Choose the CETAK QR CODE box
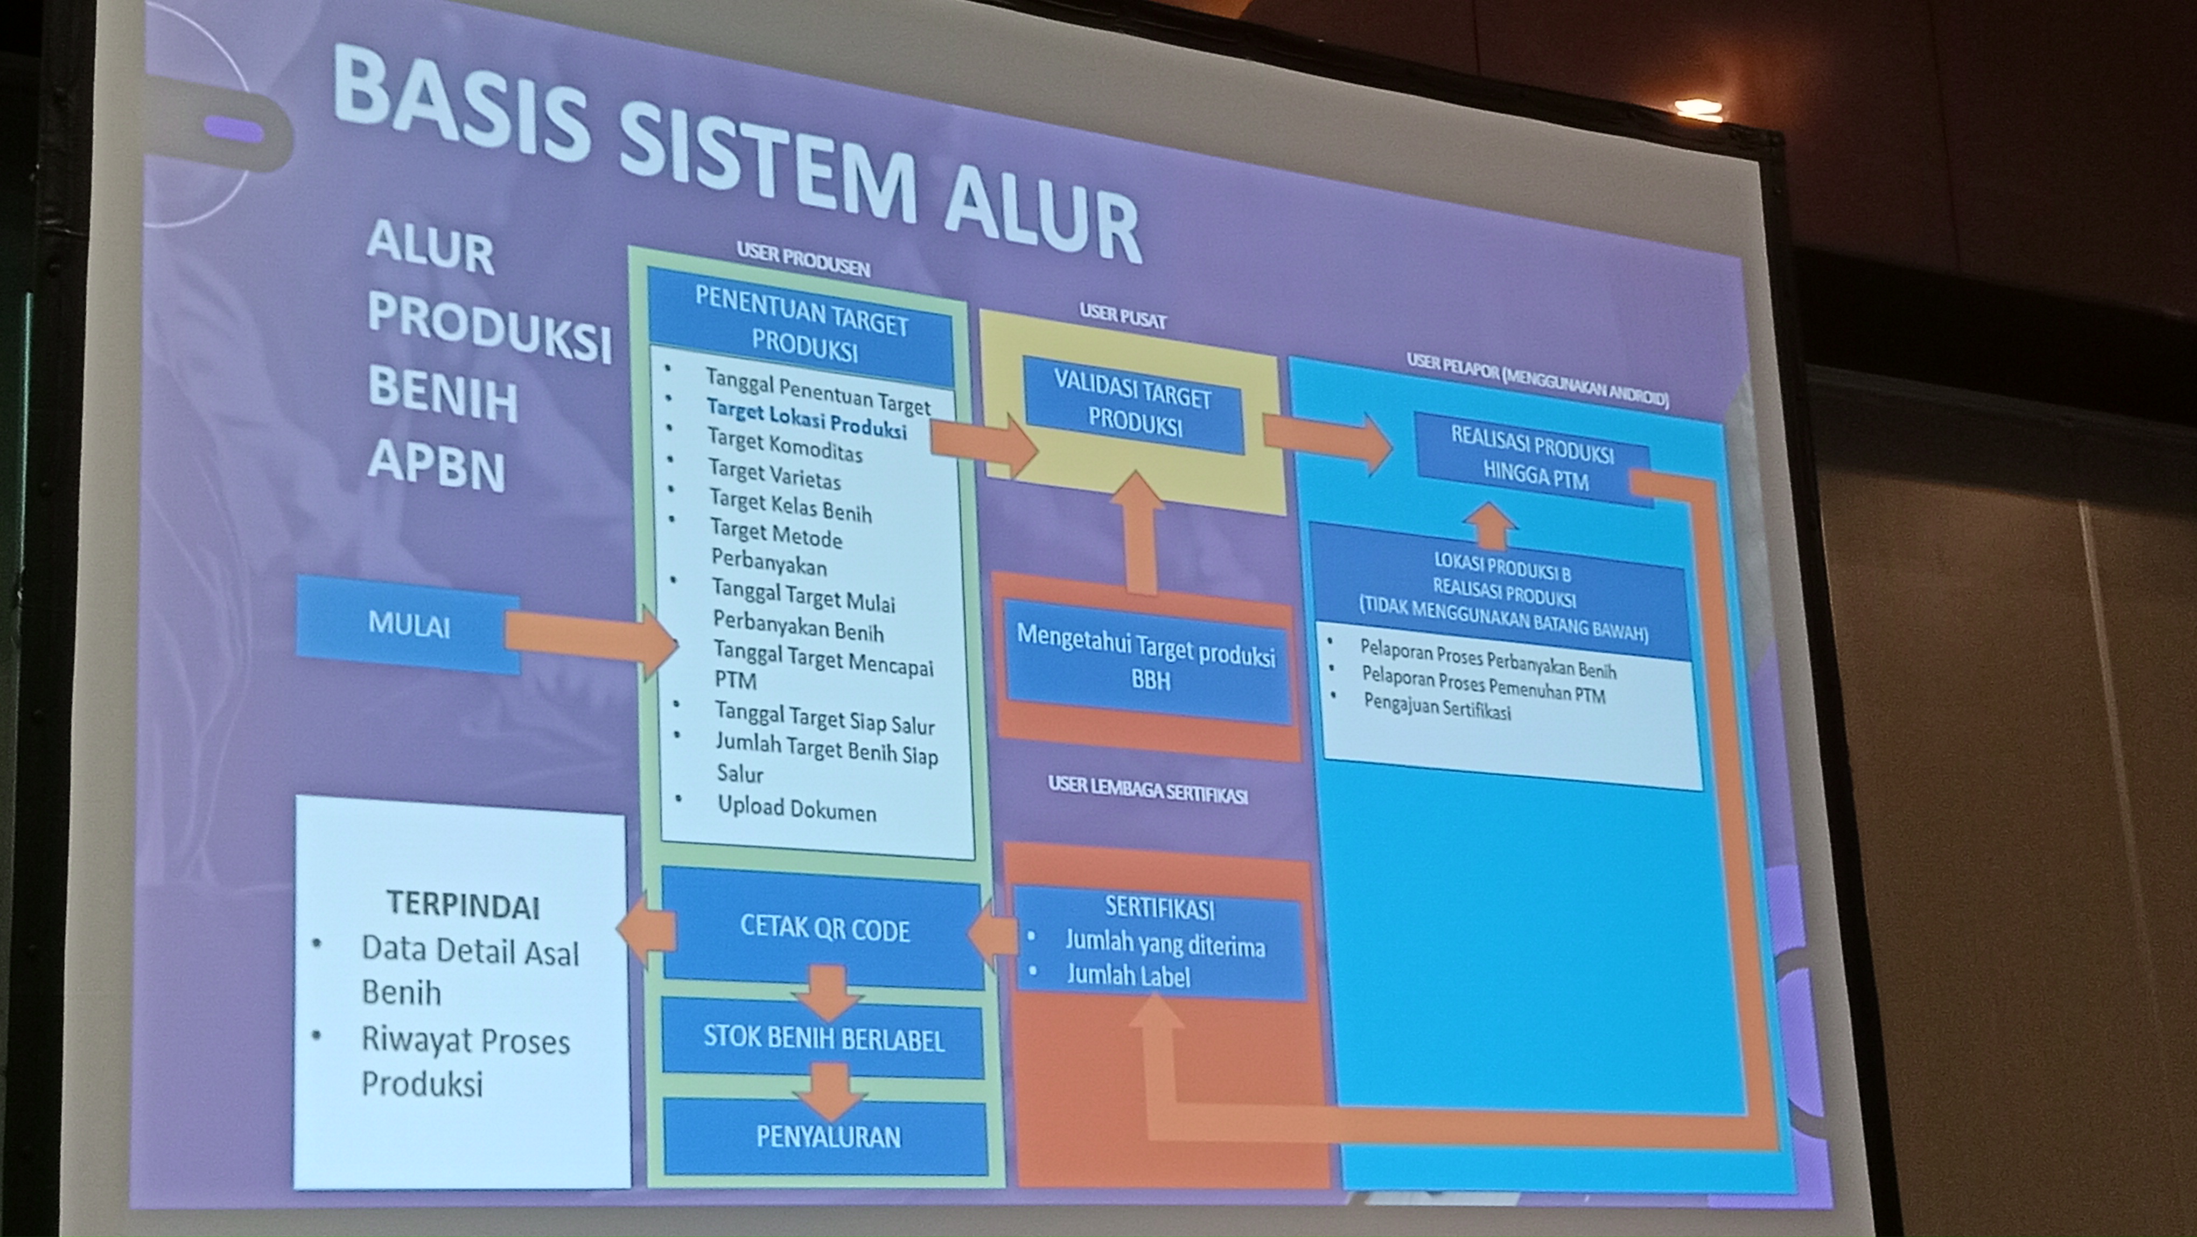point(824,929)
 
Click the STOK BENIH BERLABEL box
point(824,1039)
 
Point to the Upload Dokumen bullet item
point(796,808)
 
